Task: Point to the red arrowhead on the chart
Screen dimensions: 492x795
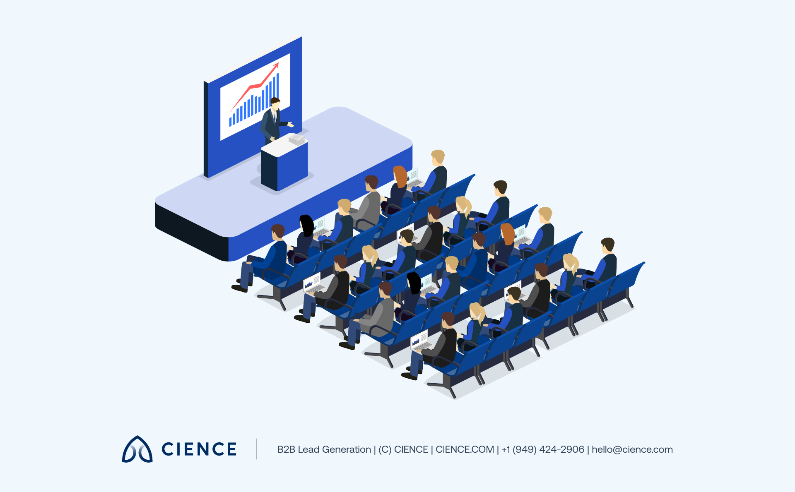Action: click(x=277, y=65)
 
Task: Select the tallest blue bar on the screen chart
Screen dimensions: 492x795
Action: click(x=278, y=85)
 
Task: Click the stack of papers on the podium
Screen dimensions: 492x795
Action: click(x=297, y=139)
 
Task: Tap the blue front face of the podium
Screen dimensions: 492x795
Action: click(x=292, y=166)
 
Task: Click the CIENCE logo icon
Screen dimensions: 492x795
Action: click(x=137, y=449)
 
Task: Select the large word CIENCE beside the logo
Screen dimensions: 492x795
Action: click(x=199, y=449)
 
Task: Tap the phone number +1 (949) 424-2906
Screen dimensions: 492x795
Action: click(x=542, y=449)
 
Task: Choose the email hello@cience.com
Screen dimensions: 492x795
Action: click(x=632, y=449)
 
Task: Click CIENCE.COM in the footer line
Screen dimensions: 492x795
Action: click(x=465, y=449)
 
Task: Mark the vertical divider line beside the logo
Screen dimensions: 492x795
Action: click(x=257, y=449)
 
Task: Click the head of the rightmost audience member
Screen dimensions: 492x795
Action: click(x=607, y=245)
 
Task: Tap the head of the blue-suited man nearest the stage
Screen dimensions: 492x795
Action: click(x=277, y=231)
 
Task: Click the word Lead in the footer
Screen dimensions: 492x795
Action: click(x=308, y=449)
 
